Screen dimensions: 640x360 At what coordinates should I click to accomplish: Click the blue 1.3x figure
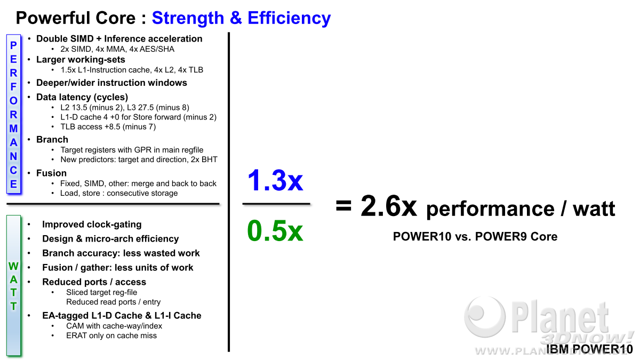[x=275, y=180]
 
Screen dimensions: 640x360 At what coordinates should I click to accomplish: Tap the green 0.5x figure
[x=275, y=231]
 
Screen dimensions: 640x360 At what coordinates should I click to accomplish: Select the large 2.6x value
[x=389, y=206]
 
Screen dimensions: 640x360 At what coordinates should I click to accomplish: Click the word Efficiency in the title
[x=289, y=18]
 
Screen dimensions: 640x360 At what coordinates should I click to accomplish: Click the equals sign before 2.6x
[x=343, y=205]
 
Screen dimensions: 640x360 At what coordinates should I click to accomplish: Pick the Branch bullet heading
[x=52, y=139]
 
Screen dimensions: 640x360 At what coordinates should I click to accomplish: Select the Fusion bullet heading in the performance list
[x=51, y=173]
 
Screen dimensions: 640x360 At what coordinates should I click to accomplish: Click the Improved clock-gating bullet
[x=92, y=225]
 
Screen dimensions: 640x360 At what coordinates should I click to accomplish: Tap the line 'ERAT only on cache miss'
[x=111, y=335]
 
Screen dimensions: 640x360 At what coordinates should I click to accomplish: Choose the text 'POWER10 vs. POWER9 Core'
[x=475, y=237]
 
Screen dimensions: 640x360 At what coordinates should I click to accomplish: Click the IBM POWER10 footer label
[x=589, y=349]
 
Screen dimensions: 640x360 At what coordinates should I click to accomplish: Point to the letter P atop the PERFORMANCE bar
[x=13, y=45]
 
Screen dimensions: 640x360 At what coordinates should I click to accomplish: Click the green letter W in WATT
[x=13, y=266]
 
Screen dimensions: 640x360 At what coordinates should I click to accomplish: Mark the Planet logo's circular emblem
[x=485, y=317]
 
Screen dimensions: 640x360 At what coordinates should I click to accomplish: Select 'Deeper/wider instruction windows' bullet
[x=111, y=83]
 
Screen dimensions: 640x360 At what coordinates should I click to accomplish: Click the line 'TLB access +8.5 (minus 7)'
[x=108, y=126]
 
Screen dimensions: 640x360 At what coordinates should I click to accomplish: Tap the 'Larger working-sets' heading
[x=81, y=60]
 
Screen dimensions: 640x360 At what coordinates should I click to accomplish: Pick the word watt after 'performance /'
[x=594, y=209]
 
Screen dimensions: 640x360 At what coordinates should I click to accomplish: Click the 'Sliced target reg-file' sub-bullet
[x=101, y=292]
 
